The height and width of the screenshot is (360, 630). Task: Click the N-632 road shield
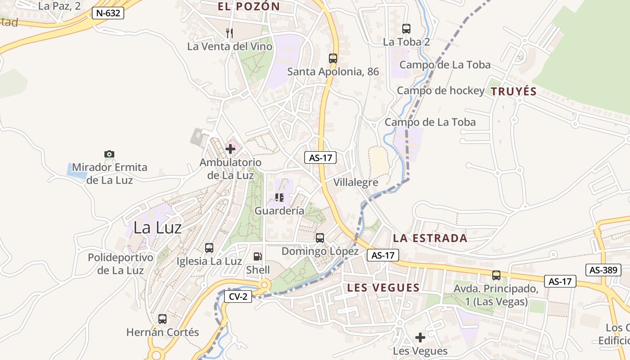pyautogui.click(x=108, y=13)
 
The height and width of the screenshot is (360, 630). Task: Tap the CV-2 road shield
pyautogui.click(x=238, y=297)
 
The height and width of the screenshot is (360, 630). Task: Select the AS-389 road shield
pyautogui.click(x=603, y=270)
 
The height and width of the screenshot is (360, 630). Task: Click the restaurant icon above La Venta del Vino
pyautogui.click(x=230, y=33)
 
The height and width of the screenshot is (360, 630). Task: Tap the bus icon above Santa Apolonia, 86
pyautogui.click(x=333, y=58)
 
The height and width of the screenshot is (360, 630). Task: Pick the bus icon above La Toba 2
pyautogui.click(x=406, y=29)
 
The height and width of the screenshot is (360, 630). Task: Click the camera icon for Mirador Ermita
pyautogui.click(x=109, y=154)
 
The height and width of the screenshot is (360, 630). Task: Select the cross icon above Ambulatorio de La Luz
pyautogui.click(x=230, y=148)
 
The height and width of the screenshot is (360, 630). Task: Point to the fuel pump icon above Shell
pyautogui.click(x=258, y=256)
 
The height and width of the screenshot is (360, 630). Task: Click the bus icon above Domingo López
pyautogui.click(x=320, y=238)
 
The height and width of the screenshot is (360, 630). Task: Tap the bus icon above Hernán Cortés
pyautogui.click(x=162, y=319)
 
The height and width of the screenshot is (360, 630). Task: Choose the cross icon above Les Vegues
pyautogui.click(x=420, y=337)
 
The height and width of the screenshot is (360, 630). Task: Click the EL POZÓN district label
pyautogui.click(x=249, y=6)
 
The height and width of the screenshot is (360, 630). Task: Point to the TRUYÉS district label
pyautogui.click(x=513, y=92)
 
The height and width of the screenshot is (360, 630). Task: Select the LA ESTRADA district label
pyautogui.click(x=430, y=238)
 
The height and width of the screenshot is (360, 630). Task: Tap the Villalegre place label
pyautogui.click(x=355, y=182)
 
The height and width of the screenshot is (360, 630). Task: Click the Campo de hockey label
pyautogui.click(x=440, y=91)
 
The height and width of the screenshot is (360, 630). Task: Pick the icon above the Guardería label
pyautogui.click(x=279, y=197)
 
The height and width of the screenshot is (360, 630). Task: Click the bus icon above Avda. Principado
pyautogui.click(x=496, y=275)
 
